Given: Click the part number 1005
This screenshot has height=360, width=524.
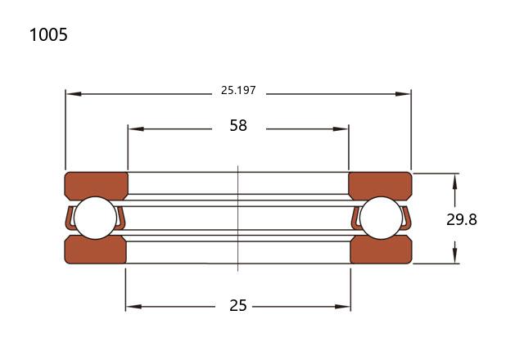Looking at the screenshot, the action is pyautogui.click(x=48, y=34).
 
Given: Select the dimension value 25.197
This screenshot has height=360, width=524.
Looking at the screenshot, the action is pyautogui.click(x=238, y=90).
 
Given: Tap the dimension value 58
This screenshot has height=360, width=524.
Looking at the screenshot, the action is pyautogui.click(x=238, y=125).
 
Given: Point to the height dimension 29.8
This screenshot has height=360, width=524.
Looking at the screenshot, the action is pyautogui.click(x=462, y=220).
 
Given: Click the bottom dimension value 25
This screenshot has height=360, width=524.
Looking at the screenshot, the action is pyautogui.click(x=238, y=305).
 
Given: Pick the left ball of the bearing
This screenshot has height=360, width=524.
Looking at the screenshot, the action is pyautogui.click(x=95, y=218).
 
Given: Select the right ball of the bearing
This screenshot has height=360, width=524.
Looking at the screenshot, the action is pyautogui.click(x=382, y=218).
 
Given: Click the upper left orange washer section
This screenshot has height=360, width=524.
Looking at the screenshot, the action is pyautogui.click(x=97, y=186).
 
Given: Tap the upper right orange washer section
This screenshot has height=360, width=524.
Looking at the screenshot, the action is pyautogui.click(x=380, y=186).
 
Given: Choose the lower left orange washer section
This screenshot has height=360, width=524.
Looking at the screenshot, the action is pyautogui.click(x=95, y=250).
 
